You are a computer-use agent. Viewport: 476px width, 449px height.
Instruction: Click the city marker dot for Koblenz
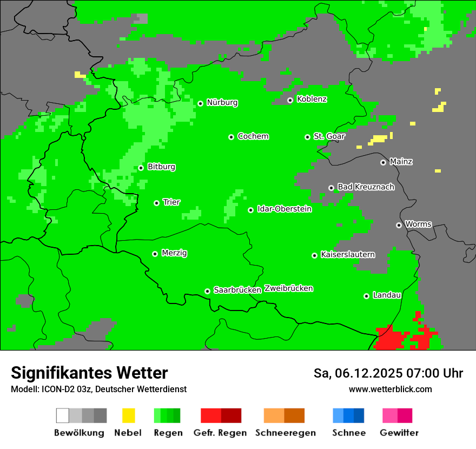point(290,100)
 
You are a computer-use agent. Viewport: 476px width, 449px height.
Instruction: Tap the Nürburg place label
point(222,102)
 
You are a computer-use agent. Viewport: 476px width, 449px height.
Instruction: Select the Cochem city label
point(253,136)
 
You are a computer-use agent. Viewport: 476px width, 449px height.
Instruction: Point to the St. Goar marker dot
point(307,137)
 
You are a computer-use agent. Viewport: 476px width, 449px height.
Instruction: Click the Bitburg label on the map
point(161,167)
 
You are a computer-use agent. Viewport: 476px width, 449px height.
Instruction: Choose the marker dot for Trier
point(157,203)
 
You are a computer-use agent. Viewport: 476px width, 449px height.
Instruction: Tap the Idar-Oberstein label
point(285,209)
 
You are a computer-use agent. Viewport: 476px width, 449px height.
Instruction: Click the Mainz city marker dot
point(384,162)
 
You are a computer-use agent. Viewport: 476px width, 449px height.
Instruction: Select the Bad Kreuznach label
point(366,187)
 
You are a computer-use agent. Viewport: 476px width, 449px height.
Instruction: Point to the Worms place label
point(418,224)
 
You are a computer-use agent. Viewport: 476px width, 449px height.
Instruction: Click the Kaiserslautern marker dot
point(314,255)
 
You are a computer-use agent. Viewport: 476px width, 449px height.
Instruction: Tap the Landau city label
point(387,295)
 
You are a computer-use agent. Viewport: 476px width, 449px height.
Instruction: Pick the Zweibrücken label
point(288,288)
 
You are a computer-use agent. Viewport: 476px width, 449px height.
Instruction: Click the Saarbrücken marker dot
point(207,291)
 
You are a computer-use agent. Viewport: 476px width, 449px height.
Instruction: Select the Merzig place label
point(174,253)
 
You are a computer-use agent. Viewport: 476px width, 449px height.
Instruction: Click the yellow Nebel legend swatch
point(128,415)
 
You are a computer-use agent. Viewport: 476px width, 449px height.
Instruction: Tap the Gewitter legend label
point(399,433)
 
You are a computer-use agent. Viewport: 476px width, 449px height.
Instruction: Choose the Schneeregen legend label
point(286,433)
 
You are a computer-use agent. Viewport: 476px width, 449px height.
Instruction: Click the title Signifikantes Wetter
point(89,373)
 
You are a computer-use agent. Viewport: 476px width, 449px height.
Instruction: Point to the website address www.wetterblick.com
point(390,389)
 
